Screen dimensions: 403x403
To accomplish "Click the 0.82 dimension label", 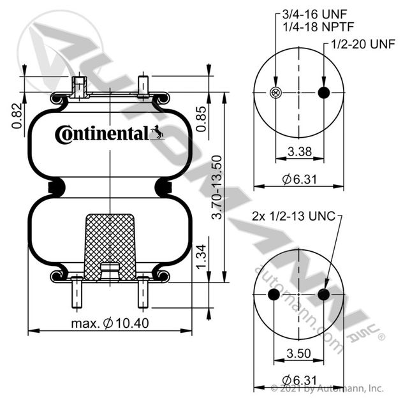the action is (17, 116).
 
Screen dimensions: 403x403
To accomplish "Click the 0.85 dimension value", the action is (201, 119).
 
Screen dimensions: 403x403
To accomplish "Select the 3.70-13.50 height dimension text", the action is (217, 187).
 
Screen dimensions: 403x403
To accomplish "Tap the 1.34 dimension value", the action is (201, 256).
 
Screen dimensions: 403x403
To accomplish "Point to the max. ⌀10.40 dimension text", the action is (110, 323).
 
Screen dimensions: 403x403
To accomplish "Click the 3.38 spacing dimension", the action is (300, 151).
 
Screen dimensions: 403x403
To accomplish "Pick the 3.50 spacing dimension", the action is (299, 353).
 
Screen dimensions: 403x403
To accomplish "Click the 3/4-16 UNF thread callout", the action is (315, 15).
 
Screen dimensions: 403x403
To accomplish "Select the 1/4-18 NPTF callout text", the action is (318, 27).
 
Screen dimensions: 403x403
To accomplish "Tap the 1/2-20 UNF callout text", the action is (363, 44).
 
